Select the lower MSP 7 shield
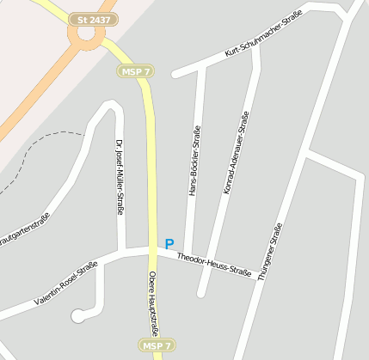[157, 345]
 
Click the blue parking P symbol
[169, 244]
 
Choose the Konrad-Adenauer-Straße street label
[236, 152]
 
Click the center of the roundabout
[86, 34]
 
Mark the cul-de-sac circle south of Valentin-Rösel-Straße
[78, 315]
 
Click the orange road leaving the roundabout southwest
[39, 87]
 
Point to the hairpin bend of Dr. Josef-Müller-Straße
[109, 106]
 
